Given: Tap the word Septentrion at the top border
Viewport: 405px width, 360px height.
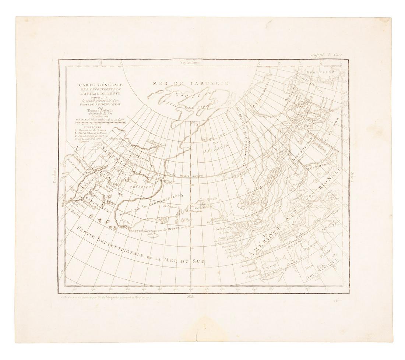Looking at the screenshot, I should point(190,63).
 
